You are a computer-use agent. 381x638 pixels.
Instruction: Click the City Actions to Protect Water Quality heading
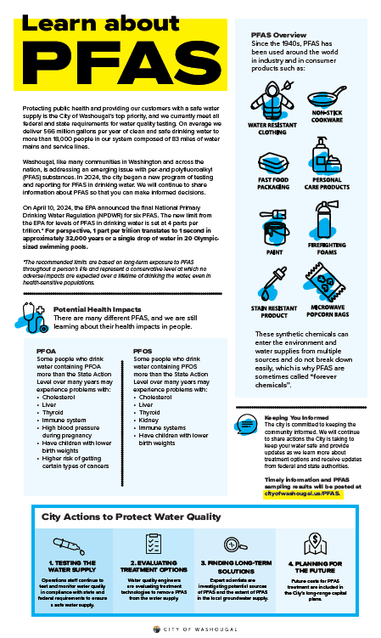point(124,517)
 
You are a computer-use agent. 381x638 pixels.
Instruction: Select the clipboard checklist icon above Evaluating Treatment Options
point(153,544)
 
